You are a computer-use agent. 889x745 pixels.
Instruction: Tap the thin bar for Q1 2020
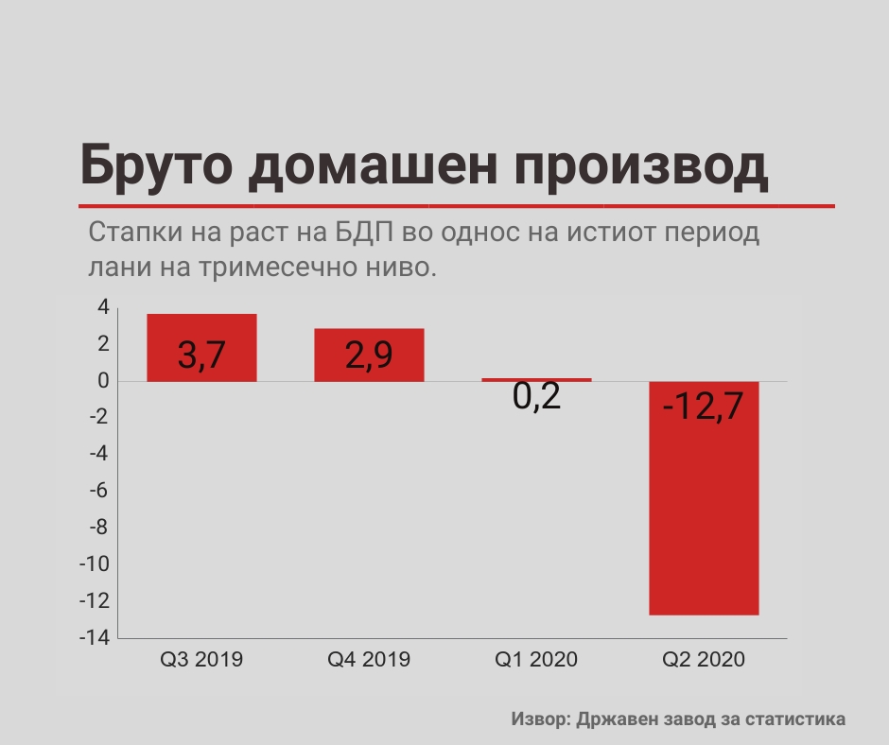pos(536,379)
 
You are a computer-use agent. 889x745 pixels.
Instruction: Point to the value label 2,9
pos(369,355)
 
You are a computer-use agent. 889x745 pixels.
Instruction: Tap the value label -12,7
pos(704,408)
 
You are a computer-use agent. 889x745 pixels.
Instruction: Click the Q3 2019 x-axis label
pos(201,659)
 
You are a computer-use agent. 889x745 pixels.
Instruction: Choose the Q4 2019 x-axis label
pos(369,659)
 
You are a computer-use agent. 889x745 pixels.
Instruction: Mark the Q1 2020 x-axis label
pos(536,659)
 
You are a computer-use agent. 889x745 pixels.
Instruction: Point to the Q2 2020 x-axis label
pos(704,659)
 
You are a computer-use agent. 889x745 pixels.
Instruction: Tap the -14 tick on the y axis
pos(97,638)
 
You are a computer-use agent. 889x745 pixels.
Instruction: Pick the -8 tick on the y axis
pos(99,528)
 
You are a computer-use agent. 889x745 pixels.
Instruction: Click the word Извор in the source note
pos(540,719)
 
